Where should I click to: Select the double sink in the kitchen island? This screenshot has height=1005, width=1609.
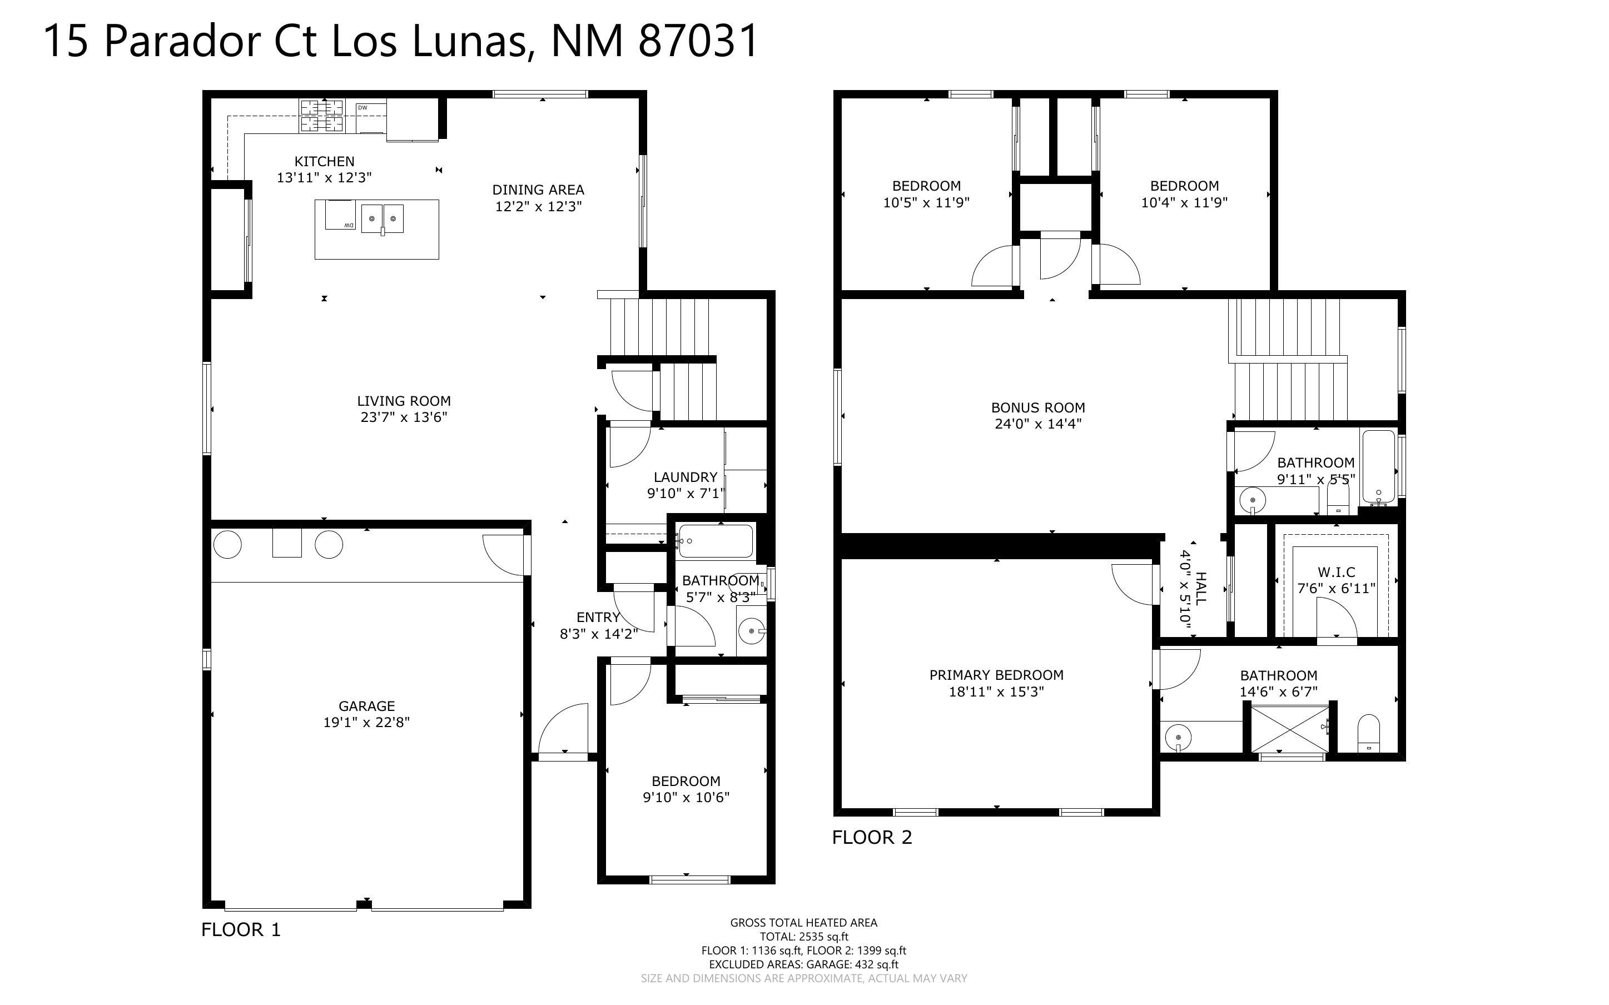tap(382, 218)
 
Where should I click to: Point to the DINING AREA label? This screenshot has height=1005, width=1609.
tap(538, 190)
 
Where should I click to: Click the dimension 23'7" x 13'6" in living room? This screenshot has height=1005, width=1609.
tap(404, 417)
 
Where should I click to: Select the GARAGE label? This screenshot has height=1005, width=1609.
tap(366, 706)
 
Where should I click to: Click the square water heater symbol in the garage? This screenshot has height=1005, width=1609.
tap(286, 543)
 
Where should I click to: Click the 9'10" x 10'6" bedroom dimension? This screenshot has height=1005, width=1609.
tap(686, 798)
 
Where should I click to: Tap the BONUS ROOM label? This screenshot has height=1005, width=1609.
tap(1037, 408)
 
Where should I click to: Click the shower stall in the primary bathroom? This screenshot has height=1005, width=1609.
tap(1289, 729)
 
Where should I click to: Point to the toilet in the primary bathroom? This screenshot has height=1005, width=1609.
tap(1368, 733)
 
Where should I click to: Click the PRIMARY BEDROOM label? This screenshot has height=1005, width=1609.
tap(996, 675)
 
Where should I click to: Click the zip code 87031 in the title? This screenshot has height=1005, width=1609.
tap(698, 41)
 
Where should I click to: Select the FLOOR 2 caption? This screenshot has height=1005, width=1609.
tap(872, 838)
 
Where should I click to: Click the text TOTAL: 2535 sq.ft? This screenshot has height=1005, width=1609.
tap(803, 937)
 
